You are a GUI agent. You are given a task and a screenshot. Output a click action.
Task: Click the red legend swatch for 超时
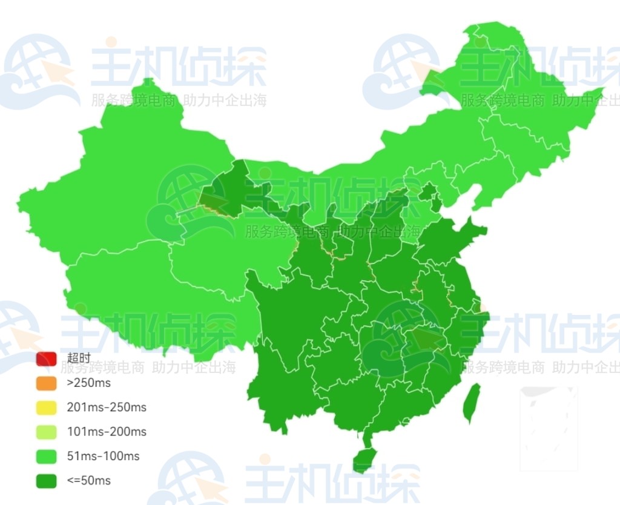pyautogui.click(x=46, y=359)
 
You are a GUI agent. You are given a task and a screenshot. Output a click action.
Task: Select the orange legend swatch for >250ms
pyautogui.click(x=46, y=383)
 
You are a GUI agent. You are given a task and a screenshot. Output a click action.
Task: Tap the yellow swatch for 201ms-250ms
pyautogui.click(x=46, y=408)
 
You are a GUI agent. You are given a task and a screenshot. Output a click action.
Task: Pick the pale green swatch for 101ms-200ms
pyautogui.click(x=46, y=432)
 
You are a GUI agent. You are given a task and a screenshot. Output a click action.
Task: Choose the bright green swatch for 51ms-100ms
pyautogui.click(x=46, y=456)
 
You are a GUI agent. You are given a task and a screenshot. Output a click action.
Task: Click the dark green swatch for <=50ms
pyautogui.click(x=46, y=481)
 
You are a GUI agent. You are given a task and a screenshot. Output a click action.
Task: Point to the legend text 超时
pyautogui.click(x=79, y=358)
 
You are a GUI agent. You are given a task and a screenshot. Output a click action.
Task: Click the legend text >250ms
pyautogui.click(x=88, y=383)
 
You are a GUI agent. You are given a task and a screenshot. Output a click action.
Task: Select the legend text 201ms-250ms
pyautogui.click(x=107, y=407)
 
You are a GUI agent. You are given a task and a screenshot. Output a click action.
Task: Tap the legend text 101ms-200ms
pyautogui.click(x=107, y=432)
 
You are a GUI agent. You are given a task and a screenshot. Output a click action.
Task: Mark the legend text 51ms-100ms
pyautogui.click(x=103, y=456)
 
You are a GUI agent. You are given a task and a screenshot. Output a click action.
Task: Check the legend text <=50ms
pyautogui.click(x=88, y=481)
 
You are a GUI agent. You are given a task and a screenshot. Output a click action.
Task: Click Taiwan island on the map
pyautogui.click(x=472, y=403)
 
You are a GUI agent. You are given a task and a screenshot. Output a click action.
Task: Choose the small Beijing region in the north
pyautogui.click(x=429, y=194)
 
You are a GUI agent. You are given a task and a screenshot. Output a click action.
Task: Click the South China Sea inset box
pyautogui.click(x=549, y=427)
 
